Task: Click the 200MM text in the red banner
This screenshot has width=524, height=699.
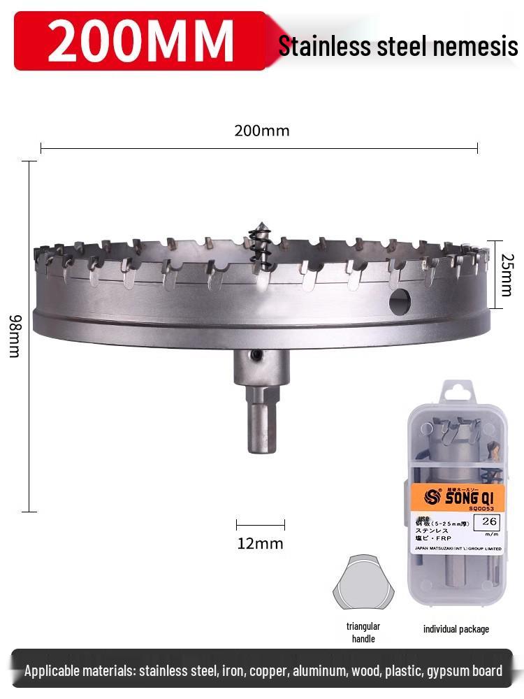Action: pos(140,41)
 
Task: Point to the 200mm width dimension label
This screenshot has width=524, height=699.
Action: pos(261,131)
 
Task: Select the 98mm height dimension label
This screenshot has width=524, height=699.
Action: pos(15,336)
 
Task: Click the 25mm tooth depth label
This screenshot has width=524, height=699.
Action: pos(507,275)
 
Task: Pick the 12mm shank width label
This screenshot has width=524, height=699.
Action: pos(260,543)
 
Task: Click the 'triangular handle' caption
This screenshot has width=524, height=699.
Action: pos(363,632)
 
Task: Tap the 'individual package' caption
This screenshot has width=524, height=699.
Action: pos(456,629)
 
